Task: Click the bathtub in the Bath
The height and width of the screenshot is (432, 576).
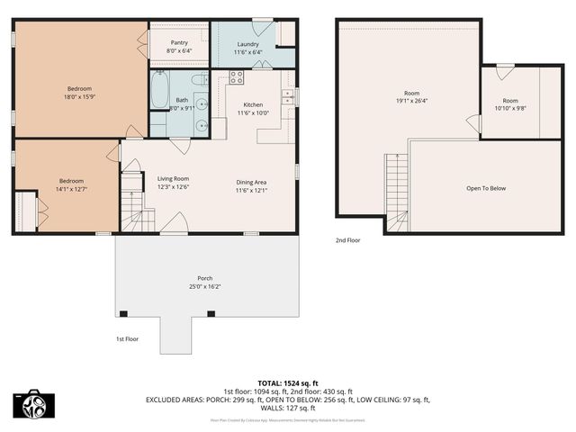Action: [159, 91]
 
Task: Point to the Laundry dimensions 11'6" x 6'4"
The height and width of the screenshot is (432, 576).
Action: [248, 52]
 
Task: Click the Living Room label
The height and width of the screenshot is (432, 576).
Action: [173, 179]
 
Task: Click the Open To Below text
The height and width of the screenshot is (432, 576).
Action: [486, 188]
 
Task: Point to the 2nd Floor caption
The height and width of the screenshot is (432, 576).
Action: [348, 240]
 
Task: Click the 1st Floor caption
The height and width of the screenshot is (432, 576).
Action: [127, 339]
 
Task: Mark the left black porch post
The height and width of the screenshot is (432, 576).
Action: [123, 313]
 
